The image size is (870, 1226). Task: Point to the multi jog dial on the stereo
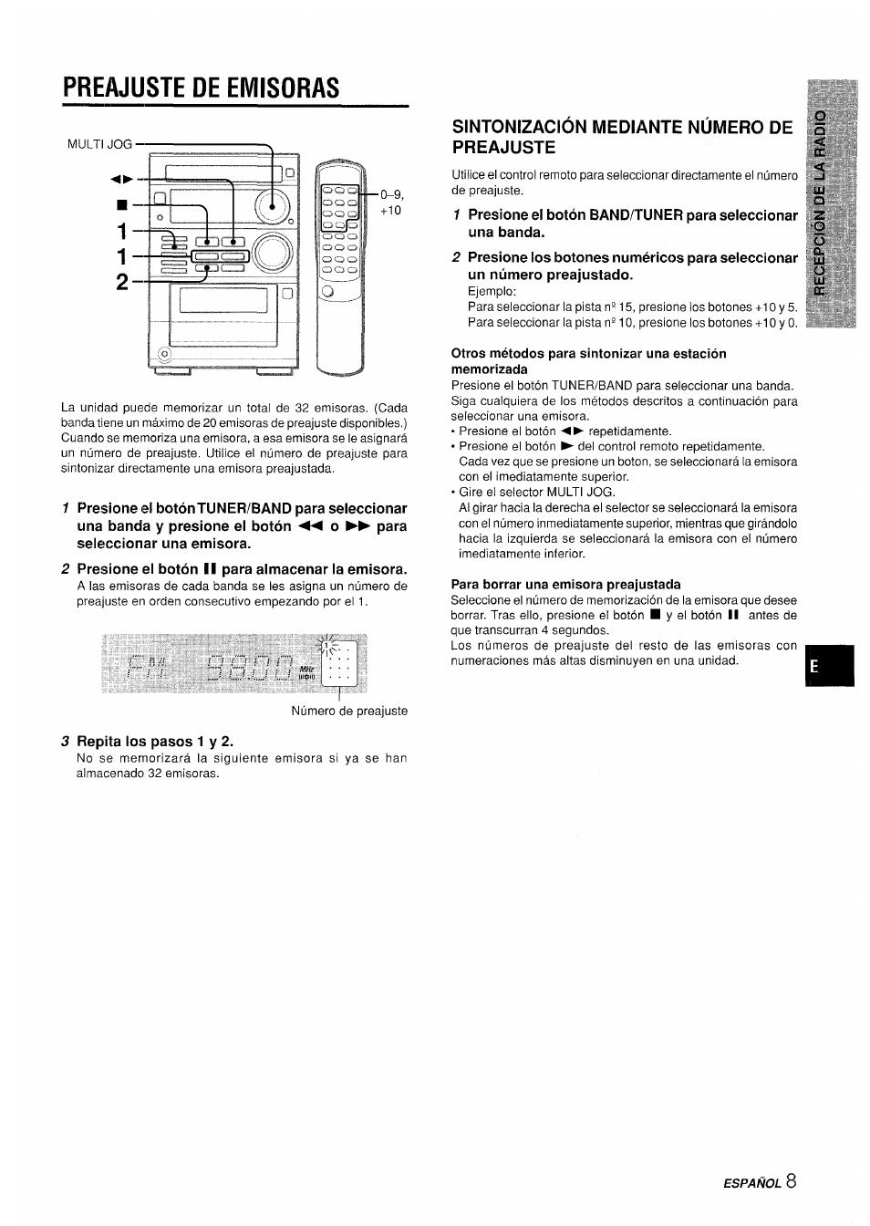(x=273, y=207)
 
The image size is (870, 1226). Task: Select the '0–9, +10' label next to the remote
(x=391, y=202)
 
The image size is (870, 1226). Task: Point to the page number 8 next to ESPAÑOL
(x=790, y=1181)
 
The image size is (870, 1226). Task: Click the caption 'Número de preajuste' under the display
(x=349, y=711)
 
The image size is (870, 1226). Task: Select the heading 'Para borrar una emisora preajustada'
(x=565, y=584)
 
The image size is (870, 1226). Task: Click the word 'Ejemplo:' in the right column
(x=492, y=291)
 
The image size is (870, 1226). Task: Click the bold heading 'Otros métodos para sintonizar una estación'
(x=589, y=353)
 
